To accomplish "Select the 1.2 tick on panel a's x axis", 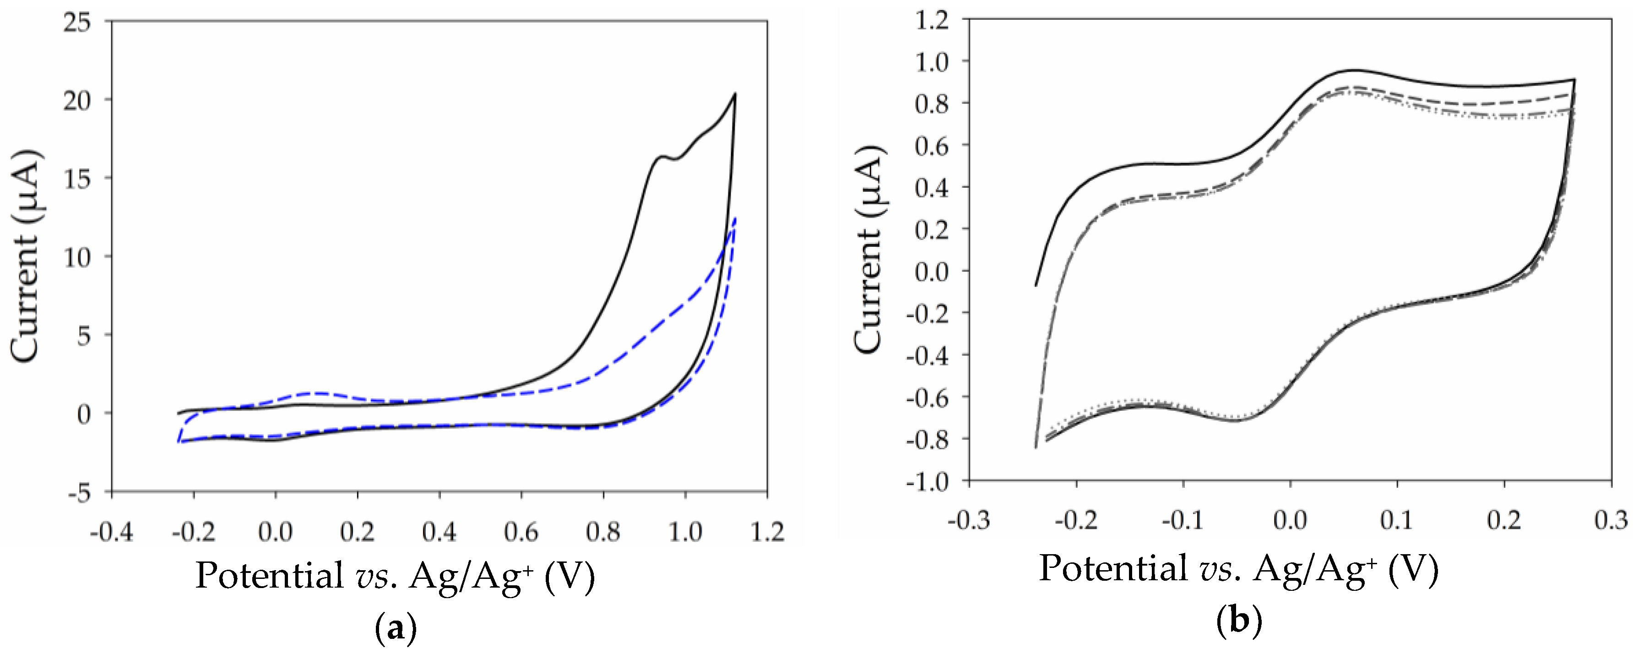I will pos(767,532).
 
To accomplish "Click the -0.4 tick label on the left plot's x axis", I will pos(112,532).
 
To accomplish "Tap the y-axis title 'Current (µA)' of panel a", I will pos(25,257).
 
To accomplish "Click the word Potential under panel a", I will pos(268,575).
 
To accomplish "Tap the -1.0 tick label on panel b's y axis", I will pos(927,481).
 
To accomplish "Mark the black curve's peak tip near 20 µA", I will pos(735,94).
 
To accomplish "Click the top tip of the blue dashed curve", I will pos(735,219).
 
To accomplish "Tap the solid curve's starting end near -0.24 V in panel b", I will pos(1036,285).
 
